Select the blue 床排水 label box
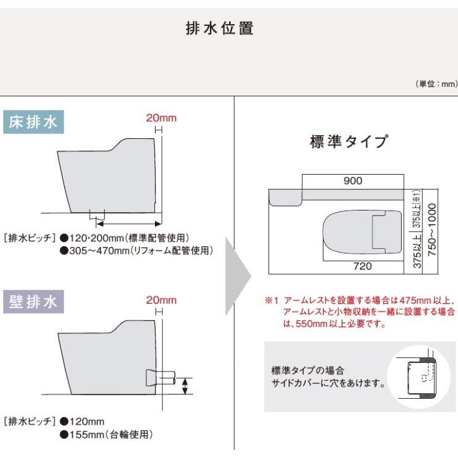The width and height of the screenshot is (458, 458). pyautogui.click(x=33, y=122)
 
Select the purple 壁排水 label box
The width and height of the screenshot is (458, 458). pyautogui.click(x=33, y=302)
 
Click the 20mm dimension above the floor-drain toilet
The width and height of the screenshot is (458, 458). pyautogui.click(x=158, y=117)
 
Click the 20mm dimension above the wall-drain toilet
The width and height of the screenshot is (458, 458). pyautogui.click(x=158, y=300)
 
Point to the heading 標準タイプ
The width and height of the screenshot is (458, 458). pyautogui.click(x=349, y=143)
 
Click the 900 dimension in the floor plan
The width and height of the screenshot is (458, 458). pyautogui.click(x=352, y=181)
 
